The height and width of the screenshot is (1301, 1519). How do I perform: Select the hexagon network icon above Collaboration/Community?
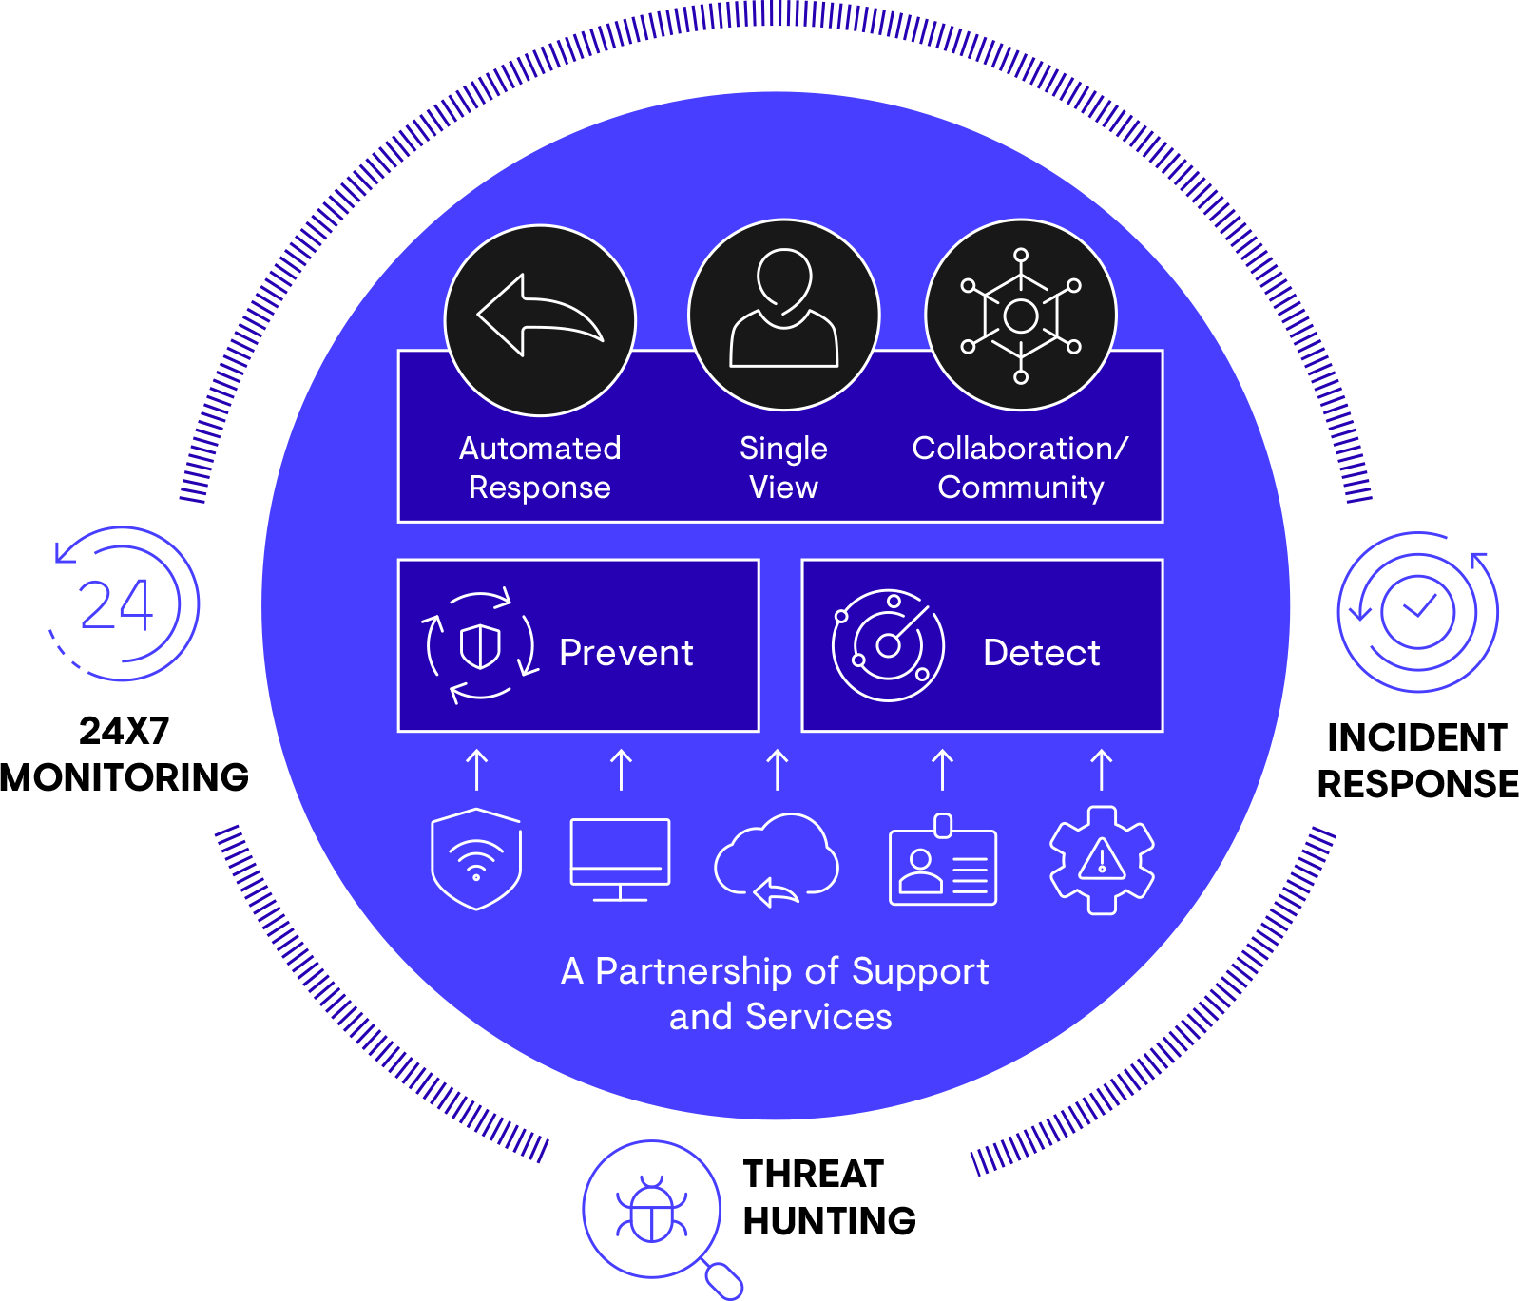pos(1021,316)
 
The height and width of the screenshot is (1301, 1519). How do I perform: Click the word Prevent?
pos(625,653)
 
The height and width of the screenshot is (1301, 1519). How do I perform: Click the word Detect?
pos(1041,653)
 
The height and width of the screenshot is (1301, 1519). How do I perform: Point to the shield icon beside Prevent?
pos(480,646)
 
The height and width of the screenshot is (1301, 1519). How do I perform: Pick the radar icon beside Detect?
pos(888,646)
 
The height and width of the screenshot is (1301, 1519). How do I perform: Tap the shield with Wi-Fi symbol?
pos(476,858)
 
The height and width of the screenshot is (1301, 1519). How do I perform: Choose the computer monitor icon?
pos(620,858)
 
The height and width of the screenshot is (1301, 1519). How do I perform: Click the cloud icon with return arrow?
pos(777,858)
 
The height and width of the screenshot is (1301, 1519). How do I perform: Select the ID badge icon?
pos(943,861)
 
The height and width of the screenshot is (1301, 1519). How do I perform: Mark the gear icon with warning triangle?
pos(1102,860)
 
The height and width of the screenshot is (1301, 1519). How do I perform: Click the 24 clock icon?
pos(121,604)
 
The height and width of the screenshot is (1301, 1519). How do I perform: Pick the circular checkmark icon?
pos(1417,611)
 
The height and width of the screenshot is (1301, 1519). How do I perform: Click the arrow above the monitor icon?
pos(621,770)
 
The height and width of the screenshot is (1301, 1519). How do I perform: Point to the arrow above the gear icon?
pos(1102,770)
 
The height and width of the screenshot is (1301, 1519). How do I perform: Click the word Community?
pos(1021,488)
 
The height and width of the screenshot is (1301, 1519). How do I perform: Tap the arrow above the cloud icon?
pos(778,770)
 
